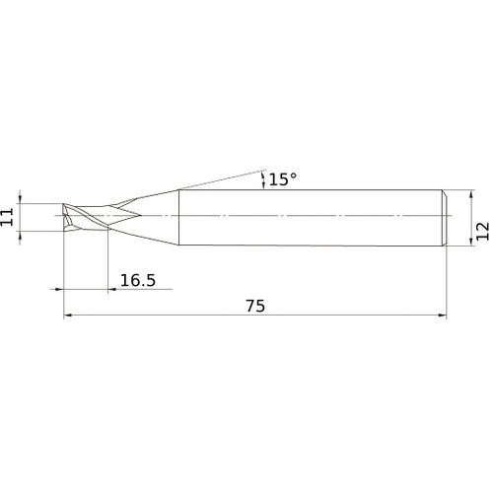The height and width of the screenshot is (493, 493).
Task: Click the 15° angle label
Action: [x=283, y=179]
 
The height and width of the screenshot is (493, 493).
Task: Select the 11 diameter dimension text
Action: [x=7, y=217]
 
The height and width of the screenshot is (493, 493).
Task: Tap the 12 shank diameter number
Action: [x=482, y=232]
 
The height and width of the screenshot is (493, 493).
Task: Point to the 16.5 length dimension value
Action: [x=138, y=280]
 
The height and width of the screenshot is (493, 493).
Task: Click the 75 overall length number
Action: [x=255, y=306]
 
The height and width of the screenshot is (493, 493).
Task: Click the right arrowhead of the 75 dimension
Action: [x=443, y=316]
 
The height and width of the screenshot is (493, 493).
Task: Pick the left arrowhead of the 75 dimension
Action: [x=68, y=316]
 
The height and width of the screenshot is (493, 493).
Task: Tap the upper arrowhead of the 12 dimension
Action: [x=471, y=194]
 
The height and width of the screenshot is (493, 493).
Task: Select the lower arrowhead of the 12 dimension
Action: [x=471, y=241]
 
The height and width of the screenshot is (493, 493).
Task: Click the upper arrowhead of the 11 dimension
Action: [x=20, y=199]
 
